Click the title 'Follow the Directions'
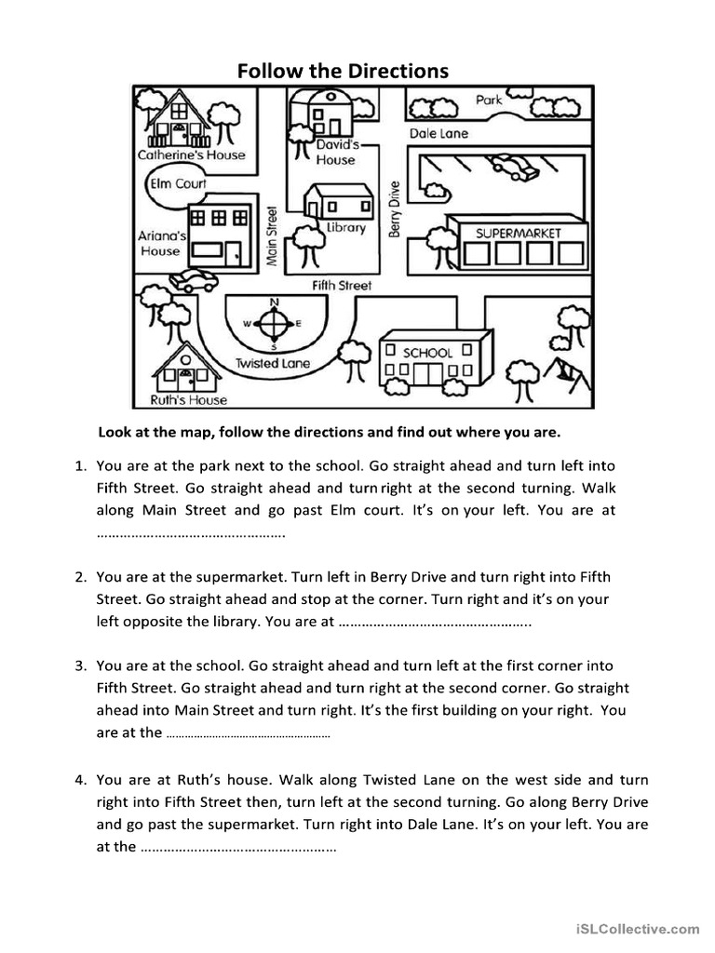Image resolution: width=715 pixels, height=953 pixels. click(342, 70)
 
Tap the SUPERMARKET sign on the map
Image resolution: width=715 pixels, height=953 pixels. click(519, 233)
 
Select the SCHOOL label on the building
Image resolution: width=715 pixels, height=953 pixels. click(427, 353)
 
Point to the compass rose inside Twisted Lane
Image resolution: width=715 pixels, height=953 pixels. click(274, 324)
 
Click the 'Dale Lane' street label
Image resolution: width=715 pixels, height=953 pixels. click(439, 133)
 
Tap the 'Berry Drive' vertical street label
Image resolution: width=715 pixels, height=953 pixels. click(394, 208)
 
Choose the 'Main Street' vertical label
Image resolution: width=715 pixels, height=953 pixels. click(273, 236)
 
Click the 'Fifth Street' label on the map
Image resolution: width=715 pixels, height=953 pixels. click(342, 286)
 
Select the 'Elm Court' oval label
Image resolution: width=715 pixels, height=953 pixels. click(178, 183)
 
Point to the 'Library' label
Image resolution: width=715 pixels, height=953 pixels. click(345, 228)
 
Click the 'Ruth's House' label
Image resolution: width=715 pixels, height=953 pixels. click(188, 400)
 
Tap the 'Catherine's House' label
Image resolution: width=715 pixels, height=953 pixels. click(191, 155)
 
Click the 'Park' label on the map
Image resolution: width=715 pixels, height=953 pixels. click(489, 100)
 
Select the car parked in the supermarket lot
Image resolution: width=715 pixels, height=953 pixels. click(513, 166)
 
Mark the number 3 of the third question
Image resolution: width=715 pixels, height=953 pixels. click(81, 666)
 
